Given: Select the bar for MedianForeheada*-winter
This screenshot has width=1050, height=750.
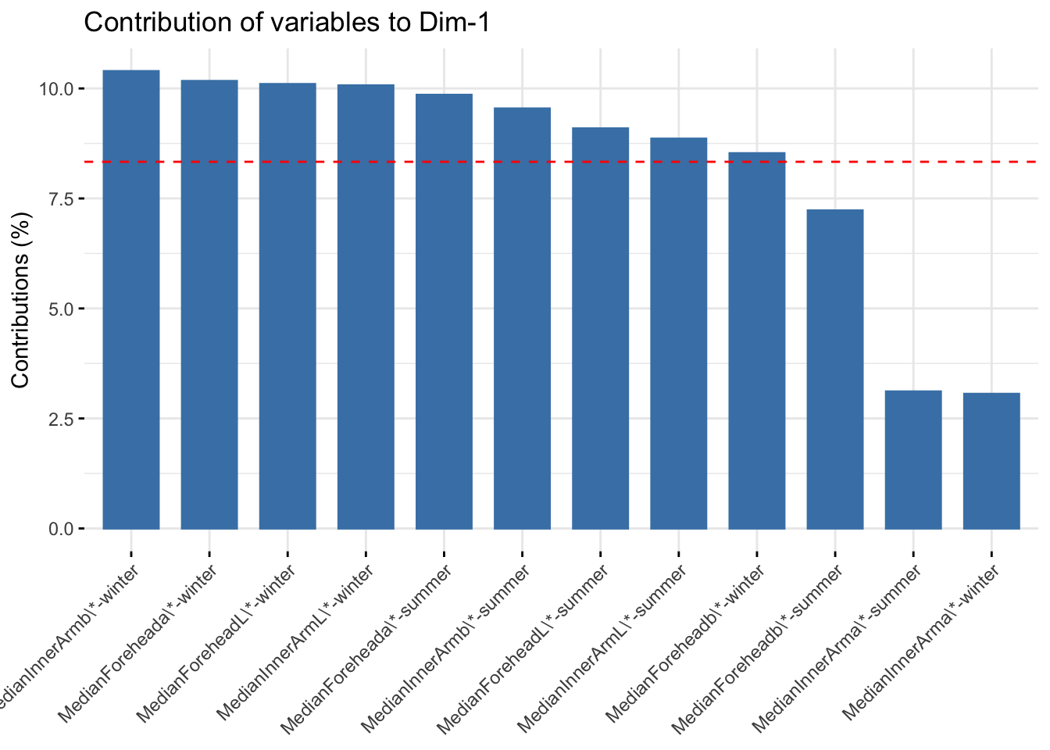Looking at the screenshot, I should coord(209,304).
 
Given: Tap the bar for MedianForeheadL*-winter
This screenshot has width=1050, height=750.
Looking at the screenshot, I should coord(287,305).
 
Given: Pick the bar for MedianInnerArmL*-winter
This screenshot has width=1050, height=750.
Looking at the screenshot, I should coord(366,306).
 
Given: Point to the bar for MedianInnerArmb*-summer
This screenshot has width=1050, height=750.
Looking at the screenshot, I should coord(522,318).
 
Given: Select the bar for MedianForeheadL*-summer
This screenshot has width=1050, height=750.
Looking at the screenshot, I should coord(600,328).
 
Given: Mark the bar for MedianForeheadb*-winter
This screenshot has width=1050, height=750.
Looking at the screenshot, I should coord(756,341).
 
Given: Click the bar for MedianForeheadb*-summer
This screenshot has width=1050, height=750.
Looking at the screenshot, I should coord(835,369).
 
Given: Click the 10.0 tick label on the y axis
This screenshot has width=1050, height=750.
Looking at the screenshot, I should coord(56,89).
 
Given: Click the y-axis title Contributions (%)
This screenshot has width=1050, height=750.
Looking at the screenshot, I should coord(21,299).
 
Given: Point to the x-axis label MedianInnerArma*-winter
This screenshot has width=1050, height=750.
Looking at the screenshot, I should coord(922,645).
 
